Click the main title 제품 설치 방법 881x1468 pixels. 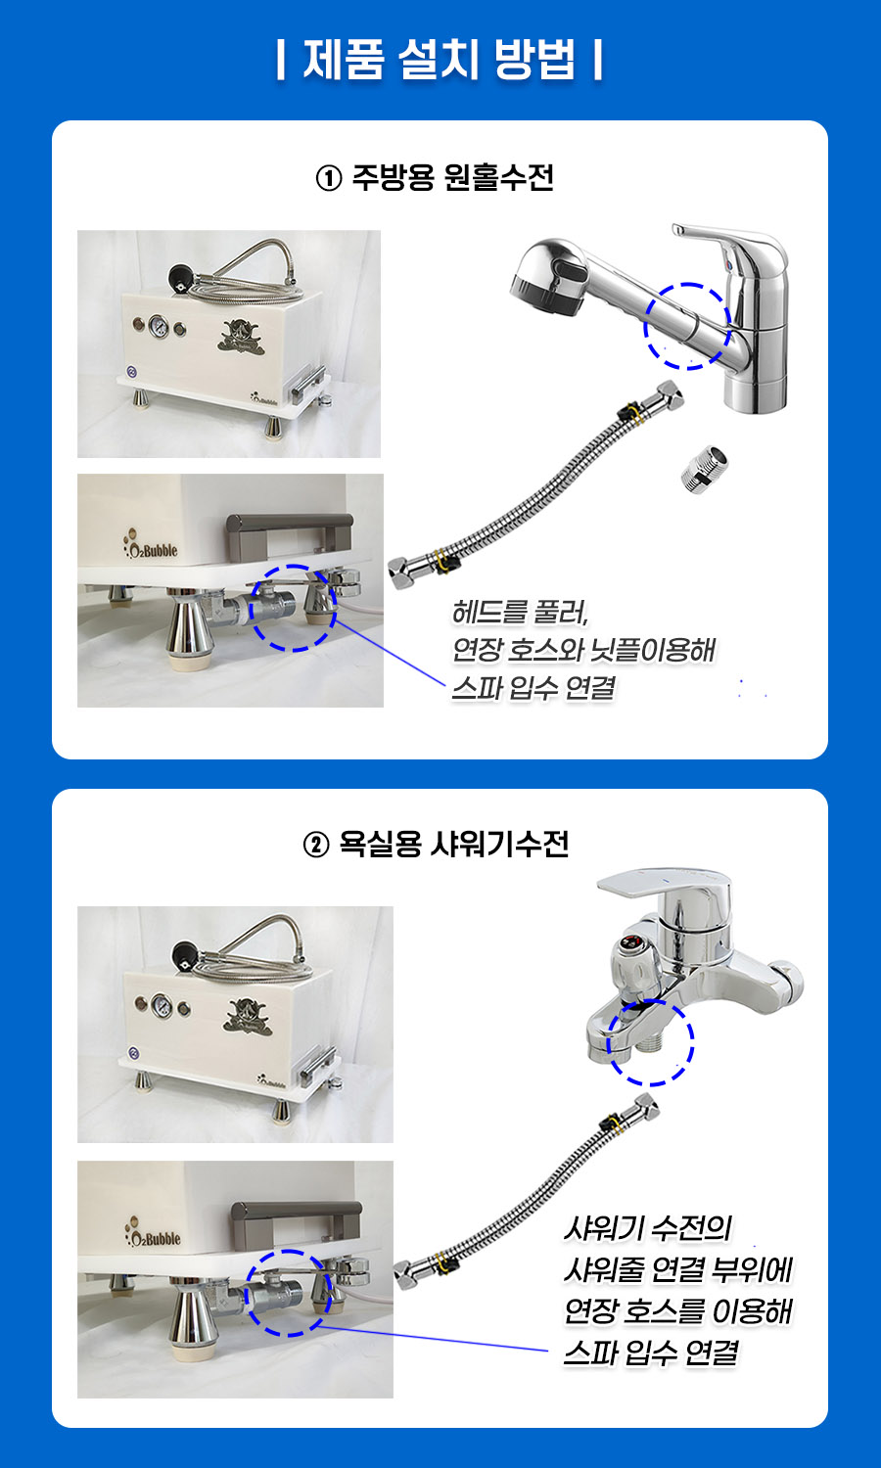[440, 59]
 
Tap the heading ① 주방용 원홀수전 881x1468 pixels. [435, 177]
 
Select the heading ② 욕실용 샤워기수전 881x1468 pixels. [436, 844]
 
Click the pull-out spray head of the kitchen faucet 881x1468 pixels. [549, 279]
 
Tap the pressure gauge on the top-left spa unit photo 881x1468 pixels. [158, 326]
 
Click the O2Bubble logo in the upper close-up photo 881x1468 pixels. [150, 545]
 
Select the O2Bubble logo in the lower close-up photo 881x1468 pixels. [152, 1233]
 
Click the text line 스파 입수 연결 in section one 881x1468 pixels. [533, 688]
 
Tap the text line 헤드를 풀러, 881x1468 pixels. [520, 612]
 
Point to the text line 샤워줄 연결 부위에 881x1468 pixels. [677, 1269]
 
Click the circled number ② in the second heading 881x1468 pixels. [316, 846]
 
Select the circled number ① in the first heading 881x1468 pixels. [328, 178]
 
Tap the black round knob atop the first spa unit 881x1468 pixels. [181, 277]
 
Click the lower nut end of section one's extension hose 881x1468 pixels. [401, 573]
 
